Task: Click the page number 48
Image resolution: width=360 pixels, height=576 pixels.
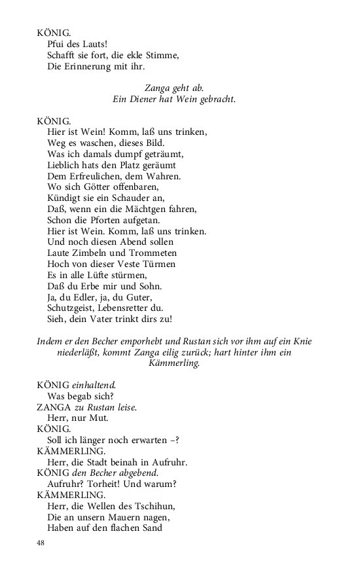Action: coord(41,543)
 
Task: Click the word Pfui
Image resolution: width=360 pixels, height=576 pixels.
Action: coord(57,43)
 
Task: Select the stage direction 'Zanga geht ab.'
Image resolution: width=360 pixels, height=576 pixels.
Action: coord(174,88)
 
